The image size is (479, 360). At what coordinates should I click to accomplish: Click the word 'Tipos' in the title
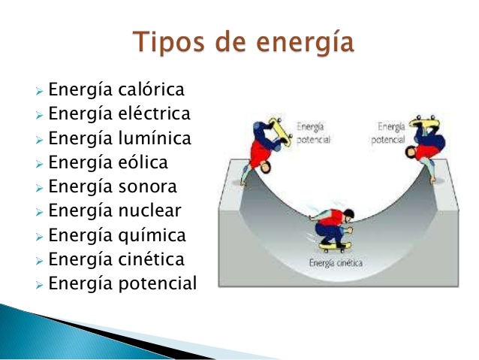[168, 42]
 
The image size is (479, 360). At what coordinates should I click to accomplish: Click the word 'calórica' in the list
[151, 89]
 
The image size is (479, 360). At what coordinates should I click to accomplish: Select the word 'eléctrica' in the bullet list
[154, 113]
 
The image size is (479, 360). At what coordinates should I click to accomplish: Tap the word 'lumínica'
[155, 138]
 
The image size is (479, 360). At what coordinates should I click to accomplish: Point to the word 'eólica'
[143, 162]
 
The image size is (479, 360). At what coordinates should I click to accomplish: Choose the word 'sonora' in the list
[148, 187]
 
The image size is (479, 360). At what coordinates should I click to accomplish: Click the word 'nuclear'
[149, 210]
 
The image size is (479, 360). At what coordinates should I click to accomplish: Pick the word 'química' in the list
[152, 236]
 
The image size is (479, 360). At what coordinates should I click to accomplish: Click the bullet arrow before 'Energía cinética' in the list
[39, 261]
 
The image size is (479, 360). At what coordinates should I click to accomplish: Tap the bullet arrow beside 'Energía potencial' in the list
[39, 285]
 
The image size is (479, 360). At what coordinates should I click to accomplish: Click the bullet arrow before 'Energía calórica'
[39, 91]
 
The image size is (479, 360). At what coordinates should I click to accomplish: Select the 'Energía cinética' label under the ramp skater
[336, 263]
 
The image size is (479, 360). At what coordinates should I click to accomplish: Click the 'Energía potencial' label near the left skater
[313, 133]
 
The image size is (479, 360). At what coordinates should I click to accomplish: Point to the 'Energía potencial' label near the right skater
[388, 133]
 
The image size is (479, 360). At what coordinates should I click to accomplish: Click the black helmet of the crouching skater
[348, 213]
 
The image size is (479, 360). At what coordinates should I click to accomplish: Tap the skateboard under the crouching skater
[335, 246]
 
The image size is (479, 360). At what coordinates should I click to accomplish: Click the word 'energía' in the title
[305, 43]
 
